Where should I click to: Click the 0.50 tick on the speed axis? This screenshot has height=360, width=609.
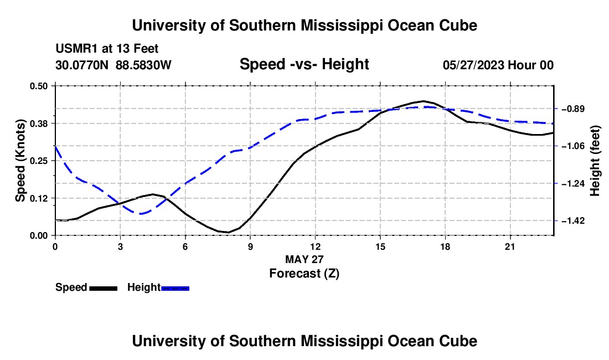[x=38, y=86]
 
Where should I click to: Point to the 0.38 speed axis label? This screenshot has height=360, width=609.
[x=38, y=124]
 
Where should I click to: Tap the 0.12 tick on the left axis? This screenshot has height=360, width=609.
[x=38, y=198]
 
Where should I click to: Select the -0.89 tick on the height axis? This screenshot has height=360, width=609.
[x=573, y=109]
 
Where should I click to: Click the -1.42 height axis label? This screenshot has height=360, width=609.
[x=573, y=220]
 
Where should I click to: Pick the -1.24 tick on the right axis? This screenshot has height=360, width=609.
[x=573, y=183]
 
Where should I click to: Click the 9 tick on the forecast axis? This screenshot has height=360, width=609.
[x=250, y=246]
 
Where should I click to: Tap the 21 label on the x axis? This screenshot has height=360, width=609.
[x=510, y=246]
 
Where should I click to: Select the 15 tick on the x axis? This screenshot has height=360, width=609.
[x=380, y=246]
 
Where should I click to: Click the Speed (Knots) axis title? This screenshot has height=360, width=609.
[x=20, y=161]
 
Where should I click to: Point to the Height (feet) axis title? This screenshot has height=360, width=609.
[x=595, y=161]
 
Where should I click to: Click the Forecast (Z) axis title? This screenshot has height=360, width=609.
[x=304, y=274]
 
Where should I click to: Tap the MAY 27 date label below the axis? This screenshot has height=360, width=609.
[x=304, y=259]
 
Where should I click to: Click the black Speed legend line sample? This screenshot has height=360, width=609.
[x=104, y=288]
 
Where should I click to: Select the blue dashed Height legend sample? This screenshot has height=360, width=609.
[x=175, y=288]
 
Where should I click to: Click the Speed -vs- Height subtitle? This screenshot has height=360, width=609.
[x=304, y=64]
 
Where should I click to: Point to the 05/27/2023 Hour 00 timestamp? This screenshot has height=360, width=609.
[x=498, y=65]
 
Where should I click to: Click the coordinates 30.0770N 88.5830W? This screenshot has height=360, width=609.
[x=113, y=65]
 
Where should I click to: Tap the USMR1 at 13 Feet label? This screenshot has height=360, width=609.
[x=107, y=49]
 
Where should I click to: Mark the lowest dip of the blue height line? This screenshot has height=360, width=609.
[x=140, y=214]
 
